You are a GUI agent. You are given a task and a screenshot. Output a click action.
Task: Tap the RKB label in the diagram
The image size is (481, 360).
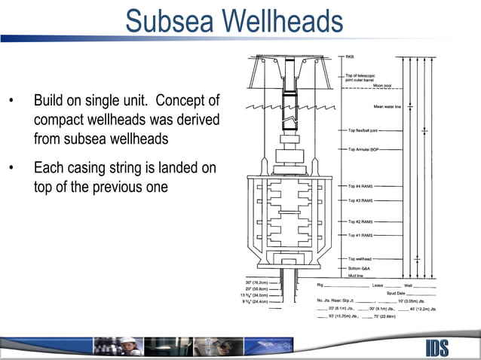(x=351, y=57)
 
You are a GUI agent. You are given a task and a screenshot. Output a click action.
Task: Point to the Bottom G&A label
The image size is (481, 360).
(x=360, y=268)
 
